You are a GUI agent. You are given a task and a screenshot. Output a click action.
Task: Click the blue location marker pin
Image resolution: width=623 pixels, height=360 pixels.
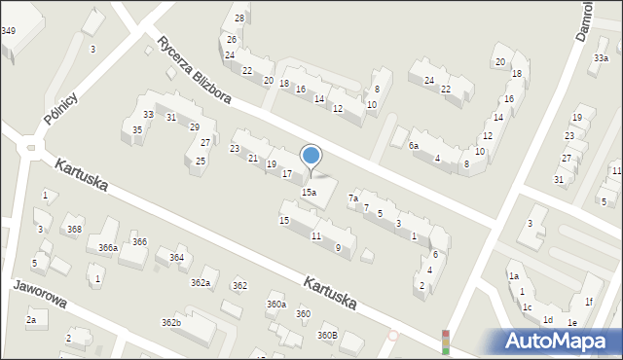tap(311, 156)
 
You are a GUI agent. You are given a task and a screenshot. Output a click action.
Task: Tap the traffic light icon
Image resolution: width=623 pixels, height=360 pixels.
tap(446, 341)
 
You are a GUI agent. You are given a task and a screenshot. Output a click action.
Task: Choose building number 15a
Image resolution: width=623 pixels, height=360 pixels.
tap(308, 193)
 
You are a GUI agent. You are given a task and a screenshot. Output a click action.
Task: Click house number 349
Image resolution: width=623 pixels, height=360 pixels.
tap(8, 31)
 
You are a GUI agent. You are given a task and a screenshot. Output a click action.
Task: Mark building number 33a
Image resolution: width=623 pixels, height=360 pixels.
tap(601, 58)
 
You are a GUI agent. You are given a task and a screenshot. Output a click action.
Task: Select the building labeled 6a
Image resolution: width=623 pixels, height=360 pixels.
tap(413, 146)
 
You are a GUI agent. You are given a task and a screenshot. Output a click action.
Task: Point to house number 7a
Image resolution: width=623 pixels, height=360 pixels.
tap(353, 198)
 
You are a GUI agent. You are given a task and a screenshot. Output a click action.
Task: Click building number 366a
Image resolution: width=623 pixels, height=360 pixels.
tap(108, 248)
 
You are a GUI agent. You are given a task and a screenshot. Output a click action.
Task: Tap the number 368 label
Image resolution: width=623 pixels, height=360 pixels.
tap(74, 229)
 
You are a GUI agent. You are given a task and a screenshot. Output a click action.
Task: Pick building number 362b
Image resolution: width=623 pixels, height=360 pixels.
tap(171, 322)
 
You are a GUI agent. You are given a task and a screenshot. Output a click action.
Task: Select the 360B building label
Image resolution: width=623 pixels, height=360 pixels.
tap(327, 336)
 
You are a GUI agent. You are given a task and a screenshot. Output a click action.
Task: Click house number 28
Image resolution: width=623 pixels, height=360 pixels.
tap(239, 18)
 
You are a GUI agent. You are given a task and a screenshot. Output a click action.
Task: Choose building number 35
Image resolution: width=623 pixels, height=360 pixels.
tap(137, 129)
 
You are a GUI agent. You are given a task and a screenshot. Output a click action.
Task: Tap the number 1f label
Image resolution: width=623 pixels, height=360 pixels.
tap(589, 303)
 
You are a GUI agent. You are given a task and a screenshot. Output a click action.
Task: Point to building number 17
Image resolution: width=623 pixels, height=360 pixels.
tap(287, 174)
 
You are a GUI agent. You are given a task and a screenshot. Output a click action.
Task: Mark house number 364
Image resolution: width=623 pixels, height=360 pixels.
tap(176, 258)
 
